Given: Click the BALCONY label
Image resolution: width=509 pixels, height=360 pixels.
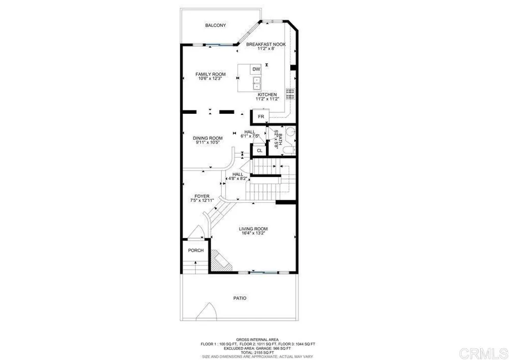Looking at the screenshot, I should pyautogui.click(x=215, y=25).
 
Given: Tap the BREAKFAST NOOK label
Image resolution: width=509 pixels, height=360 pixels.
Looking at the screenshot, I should pyautogui.click(x=265, y=44).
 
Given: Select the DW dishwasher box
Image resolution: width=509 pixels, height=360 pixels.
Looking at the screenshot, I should pyautogui.click(x=256, y=69).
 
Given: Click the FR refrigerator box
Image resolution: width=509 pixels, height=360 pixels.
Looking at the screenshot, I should pyautogui.click(x=260, y=117).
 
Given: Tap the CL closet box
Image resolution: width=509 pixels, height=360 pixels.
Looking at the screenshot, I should pyautogui.click(x=259, y=150).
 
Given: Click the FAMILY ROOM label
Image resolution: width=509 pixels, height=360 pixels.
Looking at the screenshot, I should pyautogui.click(x=210, y=75).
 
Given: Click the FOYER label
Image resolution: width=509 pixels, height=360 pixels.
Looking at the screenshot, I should pyautogui.click(x=202, y=196).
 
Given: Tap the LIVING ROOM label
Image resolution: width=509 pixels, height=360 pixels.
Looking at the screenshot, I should pyautogui.click(x=253, y=229).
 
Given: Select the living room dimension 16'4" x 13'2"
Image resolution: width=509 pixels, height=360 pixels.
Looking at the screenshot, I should pyautogui.click(x=253, y=234).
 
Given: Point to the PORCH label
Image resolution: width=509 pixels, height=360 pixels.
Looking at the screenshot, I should pyautogui.click(x=196, y=250).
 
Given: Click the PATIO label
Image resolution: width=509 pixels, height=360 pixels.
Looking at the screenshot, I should pyautogui.click(x=240, y=298).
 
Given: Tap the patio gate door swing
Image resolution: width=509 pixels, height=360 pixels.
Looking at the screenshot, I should pyautogui.click(x=207, y=312).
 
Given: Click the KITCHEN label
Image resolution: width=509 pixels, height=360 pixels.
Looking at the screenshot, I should pyautogui.click(x=267, y=94).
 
